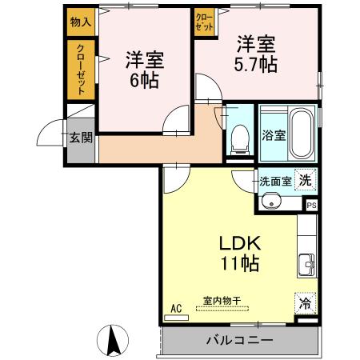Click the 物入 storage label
click(x=80, y=22)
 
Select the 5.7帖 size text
click(x=256, y=65)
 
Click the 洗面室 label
click(x=274, y=181)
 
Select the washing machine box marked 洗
click(x=306, y=181)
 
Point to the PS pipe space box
click(x=311, y=205)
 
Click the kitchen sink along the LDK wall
click(x=306, y=263)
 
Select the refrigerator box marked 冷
click(x=305, y=304)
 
